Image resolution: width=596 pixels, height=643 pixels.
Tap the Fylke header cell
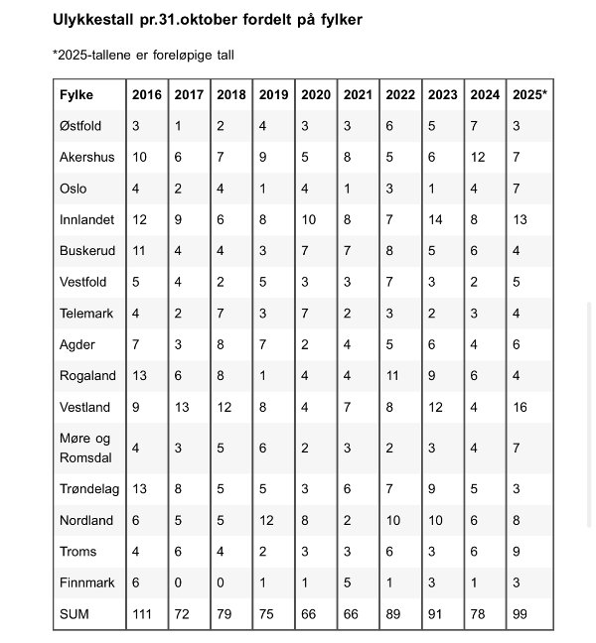click(76, 94)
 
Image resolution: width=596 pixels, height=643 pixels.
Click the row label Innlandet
click(86, 219)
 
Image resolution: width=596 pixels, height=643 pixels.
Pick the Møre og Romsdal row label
click(86, 448)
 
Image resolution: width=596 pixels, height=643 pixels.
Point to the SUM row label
click(74, 614)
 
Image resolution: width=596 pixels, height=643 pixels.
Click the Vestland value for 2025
click(521, 406)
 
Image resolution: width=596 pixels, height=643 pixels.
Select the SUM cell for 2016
click(144, 614)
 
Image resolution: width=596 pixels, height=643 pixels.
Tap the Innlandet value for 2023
click(436, 219)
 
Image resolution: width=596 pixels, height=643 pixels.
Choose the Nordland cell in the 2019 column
click(266, 520)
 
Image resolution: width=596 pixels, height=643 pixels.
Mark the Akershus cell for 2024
click(478, 157)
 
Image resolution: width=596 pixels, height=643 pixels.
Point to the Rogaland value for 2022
click(393, 375)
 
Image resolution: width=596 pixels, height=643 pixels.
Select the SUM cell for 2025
click(521, 614)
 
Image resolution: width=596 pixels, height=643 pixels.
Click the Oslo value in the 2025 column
click(517, 188)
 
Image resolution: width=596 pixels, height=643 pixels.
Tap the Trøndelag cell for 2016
click(139, 488)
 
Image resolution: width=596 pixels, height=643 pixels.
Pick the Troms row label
click(77, 552)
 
